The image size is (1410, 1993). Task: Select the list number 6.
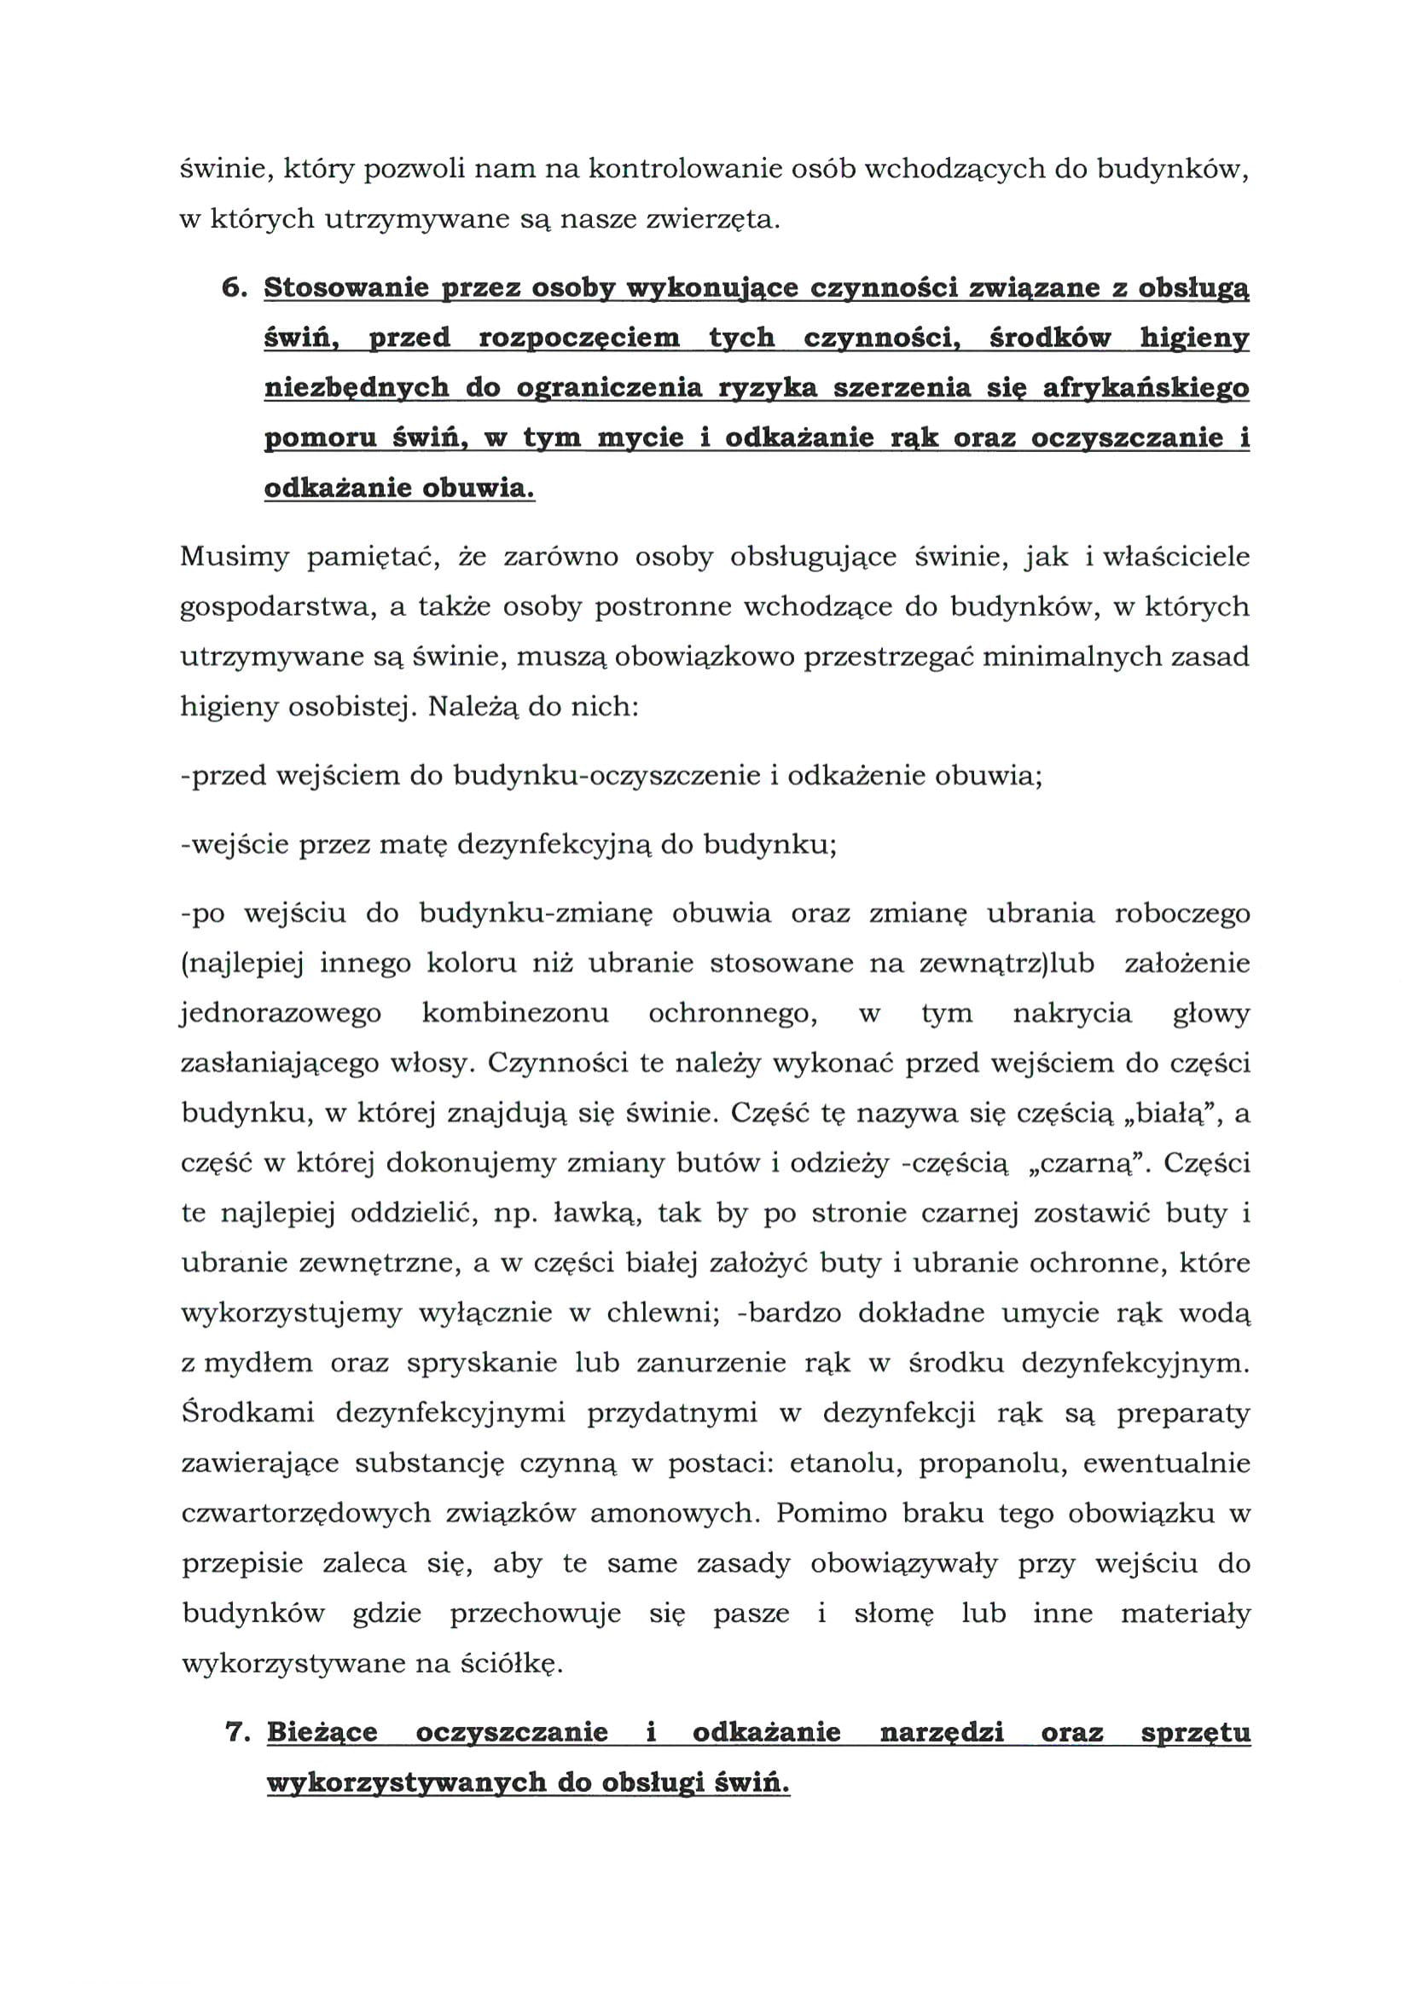pyautogui.click(x=235, y=289)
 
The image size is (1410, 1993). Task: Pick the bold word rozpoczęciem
pyautogui.click(x=579, y=339)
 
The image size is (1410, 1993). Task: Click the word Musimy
pyautogui.click(x=234, y=556)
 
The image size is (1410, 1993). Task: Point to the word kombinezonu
pyautogui.click(x=515, y=1014)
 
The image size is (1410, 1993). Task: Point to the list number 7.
pyautogui.click(x=237, y=1733)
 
